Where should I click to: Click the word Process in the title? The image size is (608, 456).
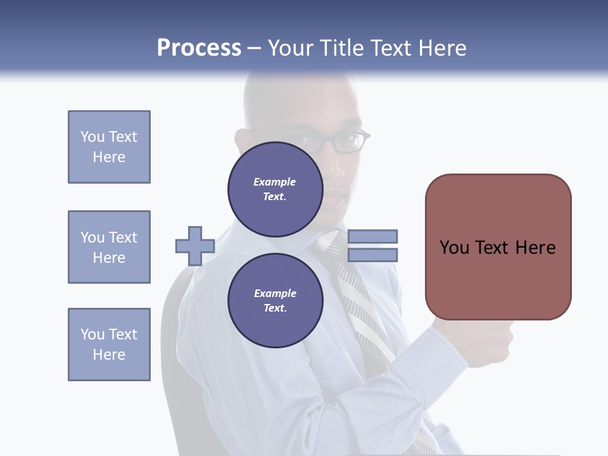tap(199, 48)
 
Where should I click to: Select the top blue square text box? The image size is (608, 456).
tap(109, 147)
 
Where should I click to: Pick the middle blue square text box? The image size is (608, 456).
tap(109, 247)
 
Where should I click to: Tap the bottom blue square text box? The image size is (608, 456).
tap(109, 345)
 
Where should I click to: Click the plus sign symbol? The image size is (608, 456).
tap(195, 246)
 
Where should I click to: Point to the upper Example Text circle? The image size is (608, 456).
tap(275, 189)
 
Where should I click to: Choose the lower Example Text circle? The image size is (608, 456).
tap(275, 301)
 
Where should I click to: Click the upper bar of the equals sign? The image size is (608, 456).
tap(372, 236)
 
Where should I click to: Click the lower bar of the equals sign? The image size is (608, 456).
tap(372, 255)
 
